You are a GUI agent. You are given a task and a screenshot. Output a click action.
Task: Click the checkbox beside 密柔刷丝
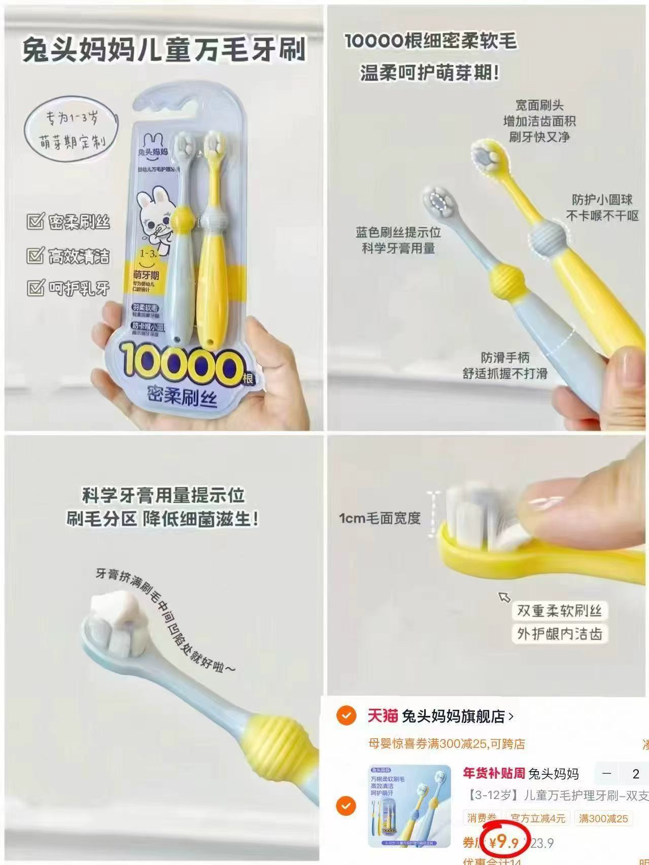pyautogui.click(x=35, y=222)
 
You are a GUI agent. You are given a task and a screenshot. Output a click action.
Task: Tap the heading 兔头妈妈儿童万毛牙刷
pyautogui.click(x=164, y=51)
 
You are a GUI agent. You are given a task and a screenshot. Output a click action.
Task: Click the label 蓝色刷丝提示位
pyautogui.click(x=398, y=232)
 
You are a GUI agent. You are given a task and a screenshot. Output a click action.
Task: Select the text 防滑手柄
pyautogui.click(x=505, y=357)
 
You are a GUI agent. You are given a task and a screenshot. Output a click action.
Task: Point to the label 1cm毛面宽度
pyautogui.click(x=380, y=518)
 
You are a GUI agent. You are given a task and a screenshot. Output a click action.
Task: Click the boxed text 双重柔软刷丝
pyautogui.click(x=559, y=610)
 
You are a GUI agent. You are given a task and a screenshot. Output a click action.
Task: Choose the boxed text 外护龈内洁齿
pyautogui.click(x=559, y=634)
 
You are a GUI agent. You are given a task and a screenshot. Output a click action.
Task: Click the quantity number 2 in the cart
pyautogui.click(x=636, y=774)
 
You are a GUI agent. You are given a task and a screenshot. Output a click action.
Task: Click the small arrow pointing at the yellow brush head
pyautogui.click(x=504, y=597)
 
